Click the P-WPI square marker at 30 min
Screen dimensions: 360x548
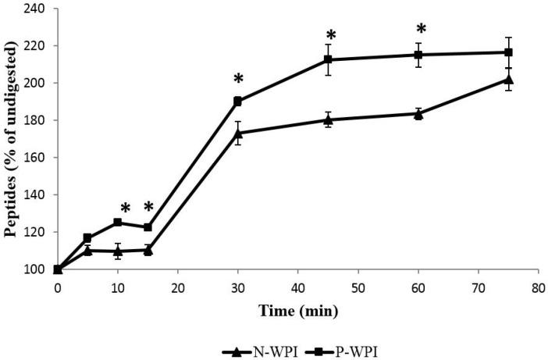coord(237,101)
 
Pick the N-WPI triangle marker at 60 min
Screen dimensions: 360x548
coord(418,113)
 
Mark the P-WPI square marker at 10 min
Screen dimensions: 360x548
coord(118,223)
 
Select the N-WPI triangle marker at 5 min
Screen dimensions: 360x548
coord(87,250)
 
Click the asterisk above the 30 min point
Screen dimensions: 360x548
coord(238,80)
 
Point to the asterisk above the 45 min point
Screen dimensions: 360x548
coord(331,37)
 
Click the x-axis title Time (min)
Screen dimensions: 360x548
coord(299,311)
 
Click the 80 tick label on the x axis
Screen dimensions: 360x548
coord(538,286)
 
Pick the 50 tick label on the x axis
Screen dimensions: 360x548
coord(358,286)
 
